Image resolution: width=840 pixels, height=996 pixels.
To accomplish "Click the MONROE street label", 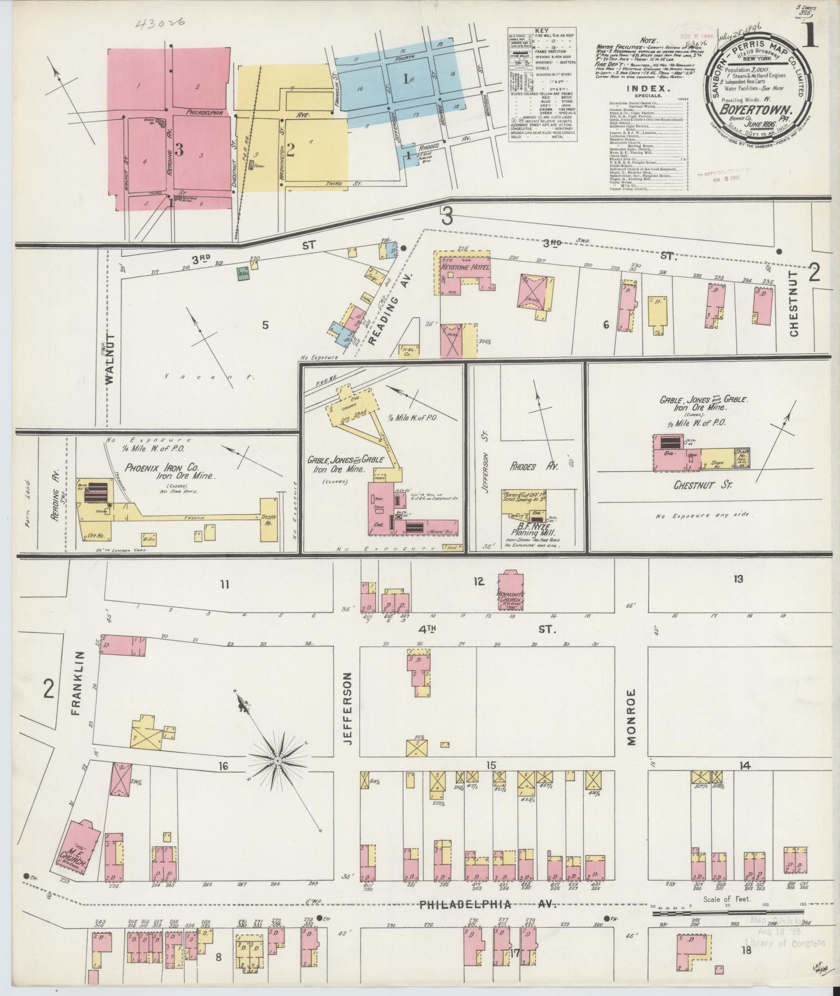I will [x=632, y=716].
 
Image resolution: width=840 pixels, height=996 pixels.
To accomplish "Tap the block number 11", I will [x=225, y=584].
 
